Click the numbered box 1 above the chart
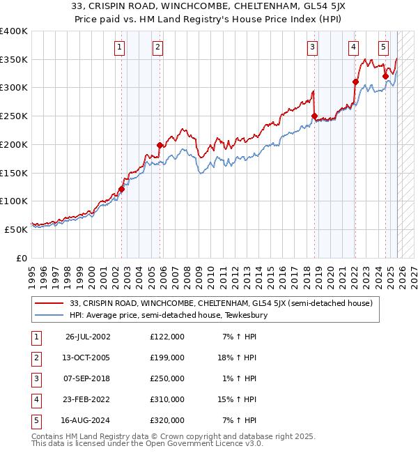click(121, 47)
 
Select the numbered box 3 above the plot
click(313, 47)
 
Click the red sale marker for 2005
click(160, 145)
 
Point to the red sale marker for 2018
click(314, 116)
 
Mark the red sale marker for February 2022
click(355, 82)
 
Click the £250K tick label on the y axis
click(14, 116)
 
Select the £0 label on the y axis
click(20, 258)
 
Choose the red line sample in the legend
click(50, 303)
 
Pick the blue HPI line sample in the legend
click(50, 315)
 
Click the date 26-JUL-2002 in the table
click(87, 337)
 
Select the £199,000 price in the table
click(167, 358)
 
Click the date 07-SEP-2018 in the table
click(87, 378)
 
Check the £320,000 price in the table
click(167, 420)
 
